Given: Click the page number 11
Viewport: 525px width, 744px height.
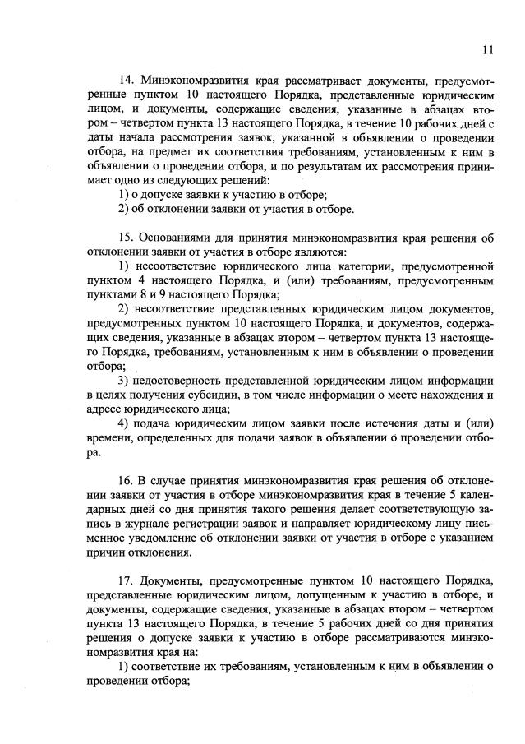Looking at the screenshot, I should pos(488,50).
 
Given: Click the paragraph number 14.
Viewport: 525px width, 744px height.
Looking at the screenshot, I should pos(126,81).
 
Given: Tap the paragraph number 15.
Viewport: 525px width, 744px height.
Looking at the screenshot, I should pos(126,237).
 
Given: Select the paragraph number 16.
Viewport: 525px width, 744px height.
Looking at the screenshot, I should pos(126,478).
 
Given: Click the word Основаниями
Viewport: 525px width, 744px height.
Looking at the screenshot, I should pos(178,237).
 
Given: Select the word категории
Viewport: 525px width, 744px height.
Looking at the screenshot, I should pos(388,266).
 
